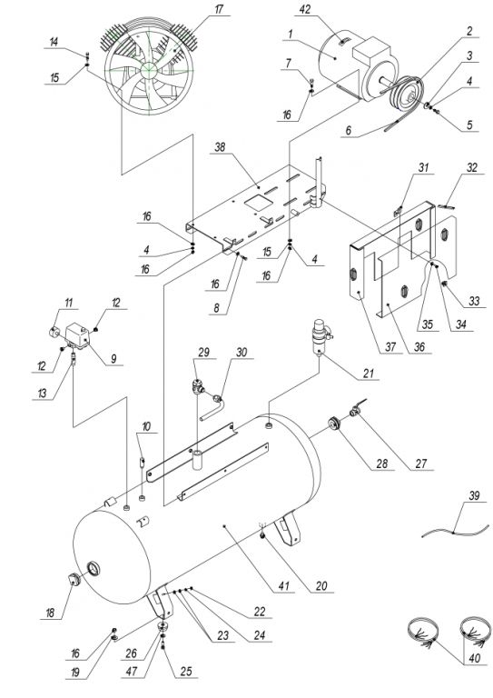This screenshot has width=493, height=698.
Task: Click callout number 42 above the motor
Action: click(x=305, y=9)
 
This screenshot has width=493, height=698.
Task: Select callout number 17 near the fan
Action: click(x=219, y=9)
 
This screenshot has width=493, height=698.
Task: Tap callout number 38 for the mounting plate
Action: click(x=220, y=147)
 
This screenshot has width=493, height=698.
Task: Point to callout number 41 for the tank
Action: click(x=284, y=586)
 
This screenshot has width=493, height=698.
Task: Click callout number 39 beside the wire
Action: click(x=474, y=495)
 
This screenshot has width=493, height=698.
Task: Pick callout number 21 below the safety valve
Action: click(x=369, y=373)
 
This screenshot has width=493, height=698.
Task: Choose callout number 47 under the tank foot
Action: click(x=132, y=671)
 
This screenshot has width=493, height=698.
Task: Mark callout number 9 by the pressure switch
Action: click(x=113, y=359)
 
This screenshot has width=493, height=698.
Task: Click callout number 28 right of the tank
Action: click(x=382, y=464)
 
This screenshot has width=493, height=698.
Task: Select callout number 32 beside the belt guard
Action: click(x=471, y=167)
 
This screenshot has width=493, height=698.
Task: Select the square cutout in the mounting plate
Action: click(x=257, y=200)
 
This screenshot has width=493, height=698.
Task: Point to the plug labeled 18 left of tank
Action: click(x=72, y=581)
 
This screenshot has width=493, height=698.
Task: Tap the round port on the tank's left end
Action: click(x=93, y=569)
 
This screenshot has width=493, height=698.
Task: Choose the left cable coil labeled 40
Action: click(x=423, y=631)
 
